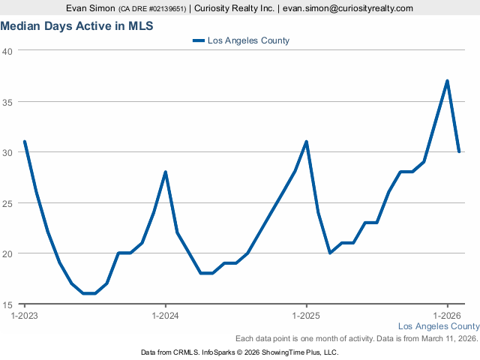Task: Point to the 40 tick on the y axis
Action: pyautogui.click(x=7, y=51)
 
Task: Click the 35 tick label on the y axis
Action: pyautogui.click(x=7, y=102)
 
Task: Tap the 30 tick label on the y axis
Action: pyautogui.click(x=7, y=152)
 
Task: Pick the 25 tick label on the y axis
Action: pyautogui.click(x=7, y=203)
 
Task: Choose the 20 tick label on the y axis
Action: pyautogui.click(x=7, y=253)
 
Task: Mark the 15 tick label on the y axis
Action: pyautogui.click(x=7, y=304)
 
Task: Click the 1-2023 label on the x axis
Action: pyautogui.click(x=25, y=316)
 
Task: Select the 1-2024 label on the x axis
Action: pyautogui.click(x=165, y=316)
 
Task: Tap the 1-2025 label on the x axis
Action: pyautogui.click(x=306, y=316)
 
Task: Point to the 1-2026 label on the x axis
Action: pyautogui.click(x=447, y=316)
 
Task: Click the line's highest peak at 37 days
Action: pyautogui.click(x=447, y=81)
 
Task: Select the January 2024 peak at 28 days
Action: pyautogui.click(x=165, y=172)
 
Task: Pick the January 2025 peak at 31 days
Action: pyautogui.click(x=306, y=142)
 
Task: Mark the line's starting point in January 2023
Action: pyautogui.click(x=25, y=142)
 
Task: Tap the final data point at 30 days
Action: pyautogui.click(x=459, y=151)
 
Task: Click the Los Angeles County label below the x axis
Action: pyautogui.click(x=438, y=326)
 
